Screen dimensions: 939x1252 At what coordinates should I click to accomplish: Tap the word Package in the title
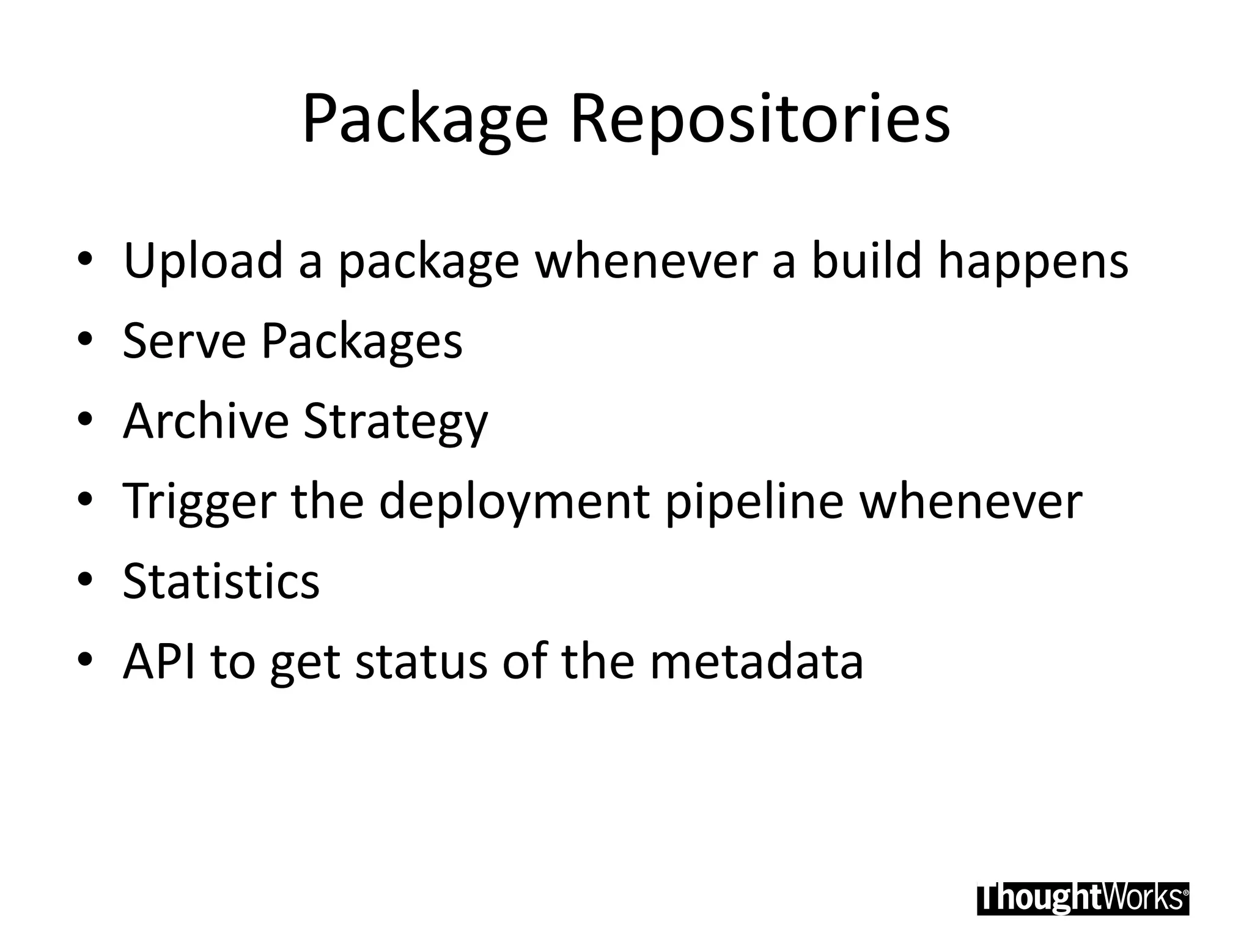coord(425,119)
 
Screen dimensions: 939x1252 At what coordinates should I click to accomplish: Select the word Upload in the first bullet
coord(204,260)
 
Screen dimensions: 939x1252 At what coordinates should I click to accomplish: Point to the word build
coord(866,260)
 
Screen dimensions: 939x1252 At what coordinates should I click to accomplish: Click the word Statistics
coord(221,581)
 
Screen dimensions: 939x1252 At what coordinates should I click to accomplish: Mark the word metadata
coord(756,661)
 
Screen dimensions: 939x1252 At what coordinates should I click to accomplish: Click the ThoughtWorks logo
coord(1083,898)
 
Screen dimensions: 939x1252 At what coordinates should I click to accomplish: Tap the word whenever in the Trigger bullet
coord(971,501)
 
